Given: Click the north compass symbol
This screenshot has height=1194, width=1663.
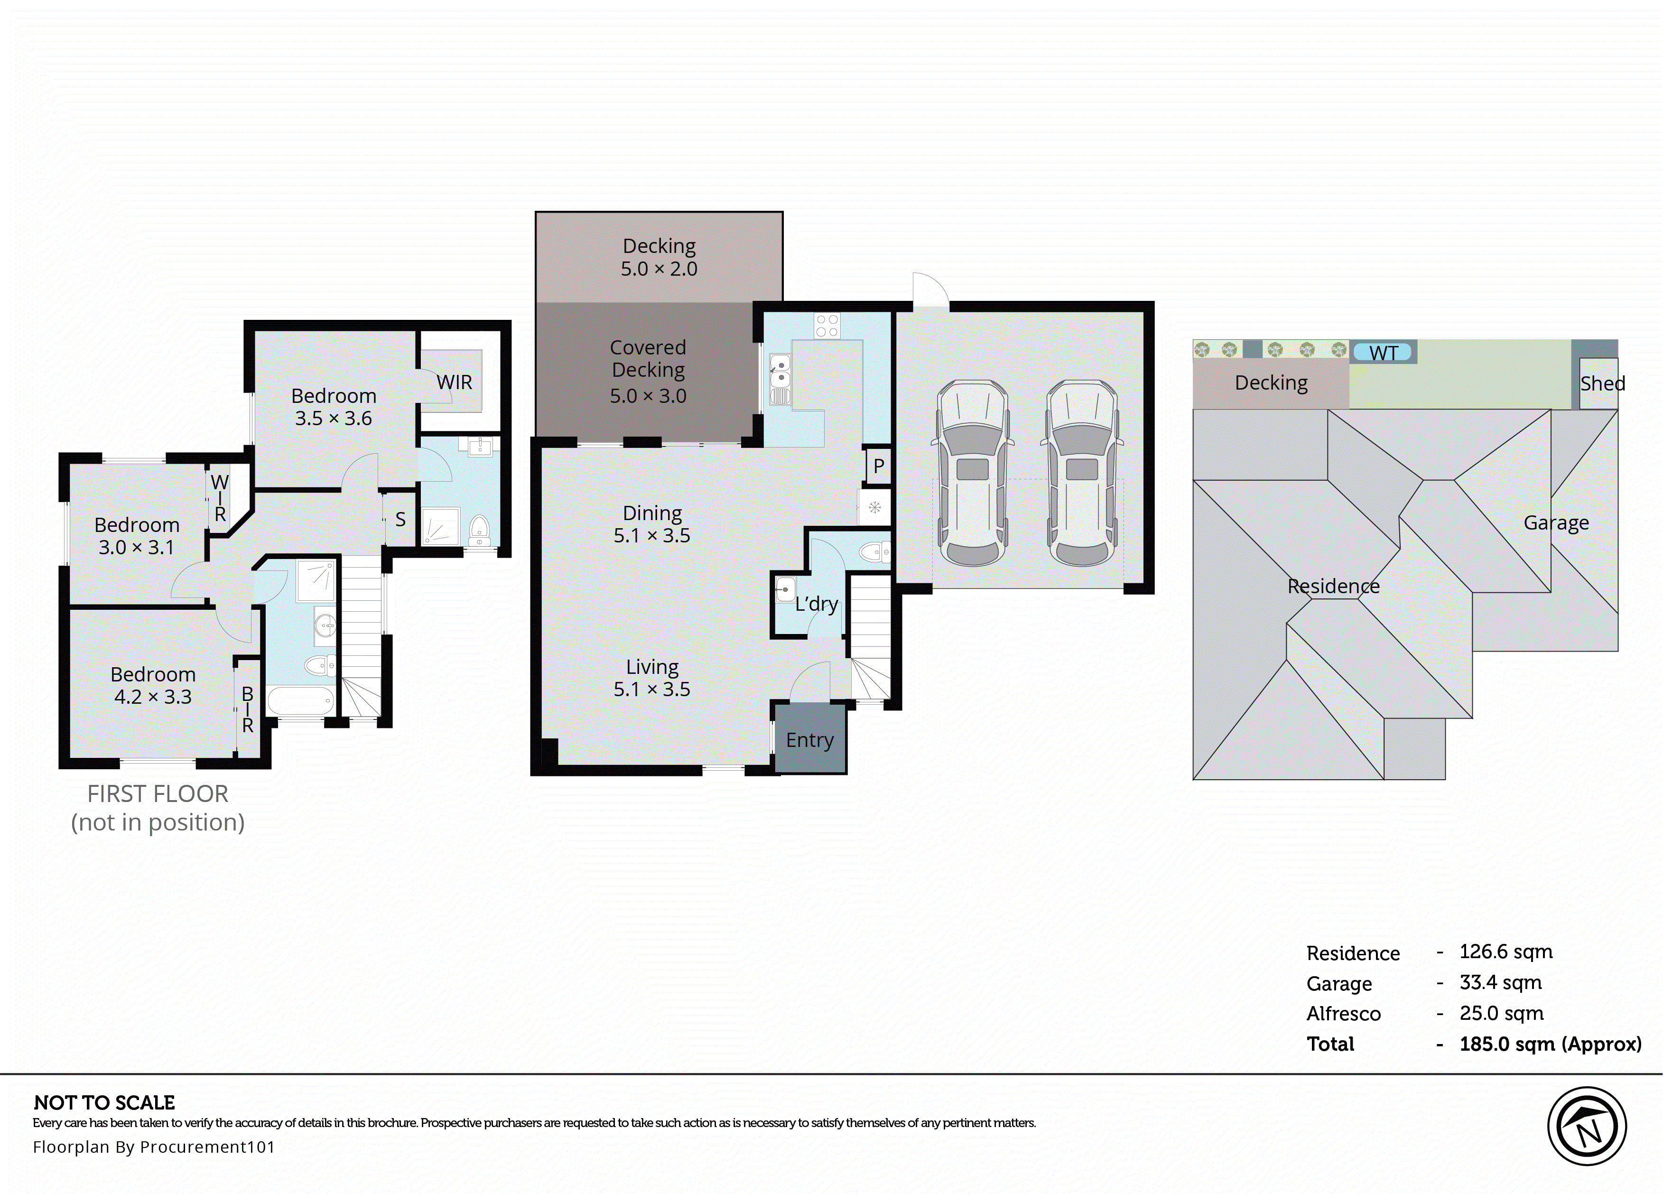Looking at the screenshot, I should coord(1587,1126).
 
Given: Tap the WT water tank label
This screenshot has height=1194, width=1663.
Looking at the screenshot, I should coord(1383,353).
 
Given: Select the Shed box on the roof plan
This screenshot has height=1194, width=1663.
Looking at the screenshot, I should coord(1601,383).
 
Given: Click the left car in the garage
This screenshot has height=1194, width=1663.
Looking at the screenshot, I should coord(972,473).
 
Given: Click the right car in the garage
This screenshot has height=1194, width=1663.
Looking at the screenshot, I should coord(1081,473).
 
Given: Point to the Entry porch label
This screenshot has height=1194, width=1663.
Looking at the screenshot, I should coord(809,739).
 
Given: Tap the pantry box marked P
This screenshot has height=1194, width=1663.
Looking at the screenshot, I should coord(878,466).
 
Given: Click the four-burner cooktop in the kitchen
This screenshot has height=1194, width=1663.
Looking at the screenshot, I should coord(827,326).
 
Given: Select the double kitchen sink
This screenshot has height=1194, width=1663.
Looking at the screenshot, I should coord(780,371).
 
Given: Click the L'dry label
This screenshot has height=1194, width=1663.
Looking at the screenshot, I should coord(816,604).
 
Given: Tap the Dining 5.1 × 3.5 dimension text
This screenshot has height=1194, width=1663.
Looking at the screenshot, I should coord(652,535).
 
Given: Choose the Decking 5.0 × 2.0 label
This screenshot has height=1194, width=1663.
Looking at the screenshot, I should coord(659,257).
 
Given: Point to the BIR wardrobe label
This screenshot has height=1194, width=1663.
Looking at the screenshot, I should coord(248,709).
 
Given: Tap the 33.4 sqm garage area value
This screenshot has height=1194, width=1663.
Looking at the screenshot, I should coord(1500,982).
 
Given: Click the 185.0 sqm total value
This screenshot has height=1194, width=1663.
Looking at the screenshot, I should coord(1549,1044).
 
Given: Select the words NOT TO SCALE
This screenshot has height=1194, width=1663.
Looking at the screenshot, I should coord(104,1102).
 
